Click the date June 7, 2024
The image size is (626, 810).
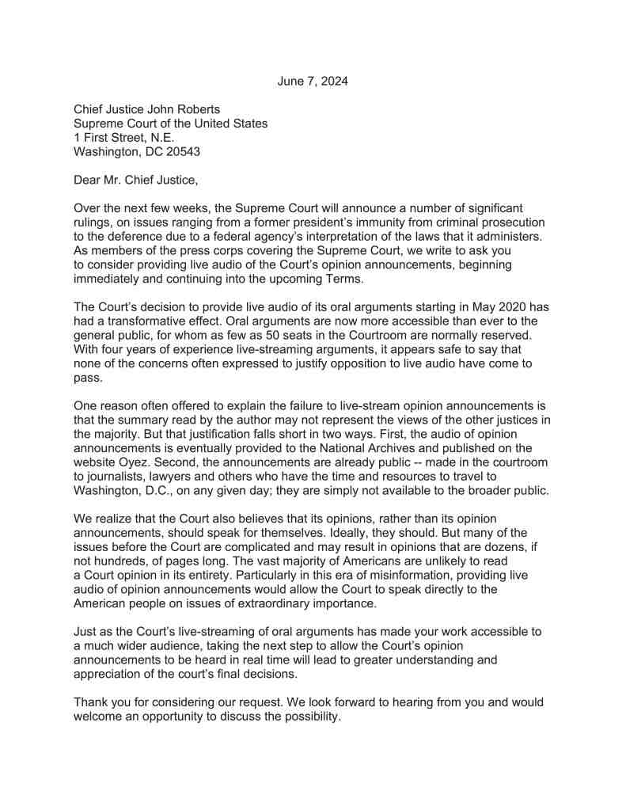pyautogui.click(x=313, y=82)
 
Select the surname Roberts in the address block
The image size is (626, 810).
pyautogui.click(x=196, y=109)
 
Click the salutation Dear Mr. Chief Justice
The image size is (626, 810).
pyautogui.click(x=135, y=180)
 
